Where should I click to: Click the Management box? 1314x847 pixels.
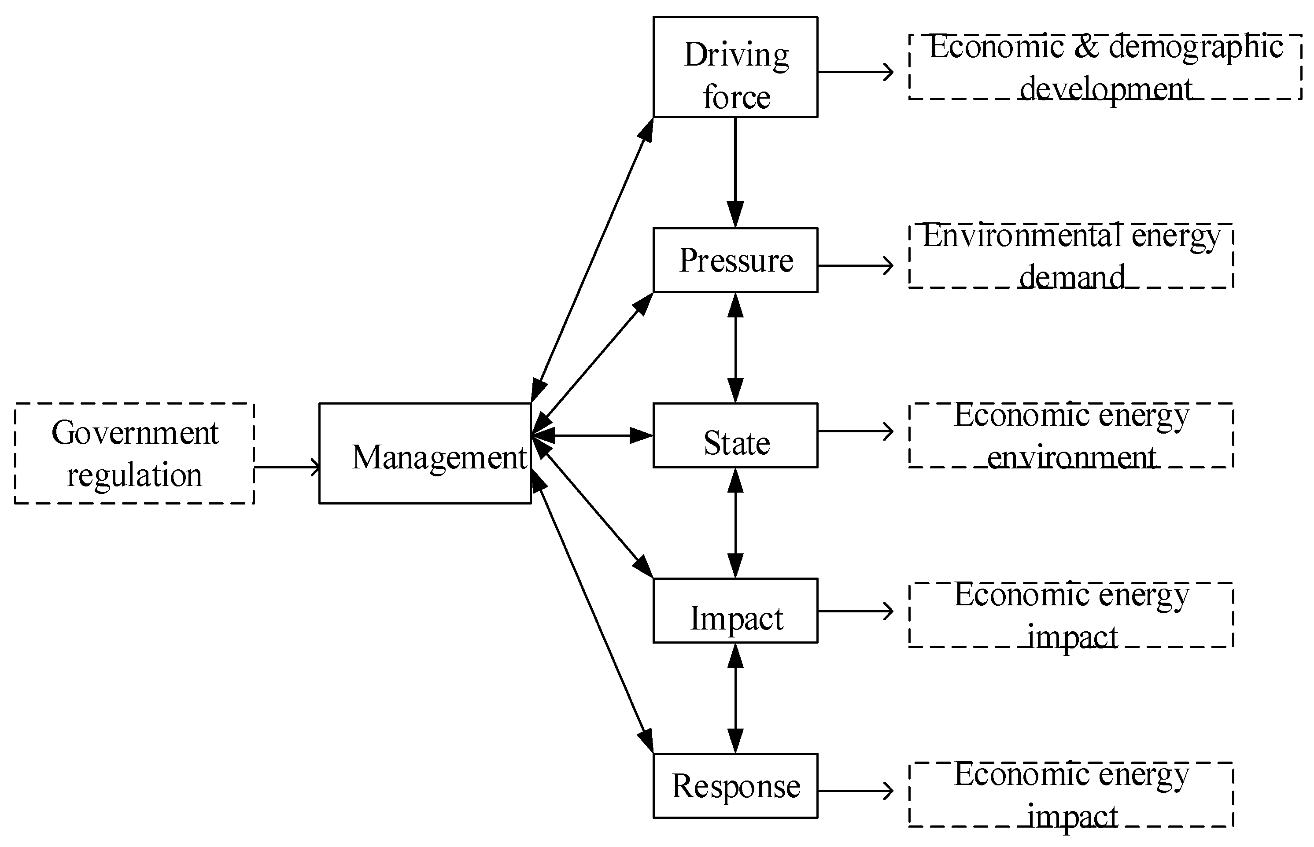424,453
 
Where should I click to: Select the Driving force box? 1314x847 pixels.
735,66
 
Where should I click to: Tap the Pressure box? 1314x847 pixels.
735,260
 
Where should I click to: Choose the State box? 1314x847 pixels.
735,435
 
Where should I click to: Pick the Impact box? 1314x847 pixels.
735,611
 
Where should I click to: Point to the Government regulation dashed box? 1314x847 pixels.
134,453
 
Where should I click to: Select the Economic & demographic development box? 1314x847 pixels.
1104,66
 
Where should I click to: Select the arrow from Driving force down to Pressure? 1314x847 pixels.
735,170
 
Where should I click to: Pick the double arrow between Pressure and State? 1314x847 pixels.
735,348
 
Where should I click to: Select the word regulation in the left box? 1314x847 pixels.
134,475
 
